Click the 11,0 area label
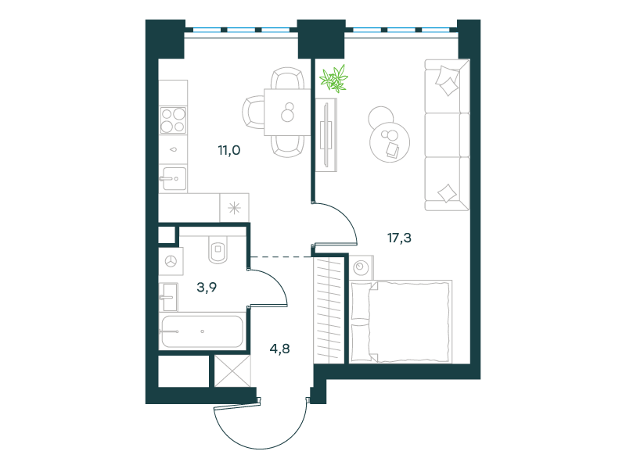pyautogui.click(x=228, y=150)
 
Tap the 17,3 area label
pyautogui.click(x=399, y=238)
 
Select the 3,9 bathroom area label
pyautogui.click(x=207, y=287)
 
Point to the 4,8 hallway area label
pyautogui.click(x=280, y=349)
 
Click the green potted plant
pyautogui.click(x=334, y=79)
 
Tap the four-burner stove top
pyautogui.click(x=173, y=120)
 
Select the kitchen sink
pyautogui.click(x=173, y=179)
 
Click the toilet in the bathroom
pyautogui.click(x=218, y=249)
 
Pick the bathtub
pyautogui.click(x=202, y=331)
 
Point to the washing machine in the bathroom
pyautogui.click(x=171, y=261)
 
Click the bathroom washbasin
pyautogui.click(x=168, y=297)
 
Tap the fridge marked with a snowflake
pyautogui.click(x=234, y=208)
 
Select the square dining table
pyautogui.click(x=287, y=113)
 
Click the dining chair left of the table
pyautogui.click(x=253, y=113)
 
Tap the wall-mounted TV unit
pyautogui.click(x=326, y=135)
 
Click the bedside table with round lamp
pyautogui.click(x=362, y=267)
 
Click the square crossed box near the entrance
pyautogui.click(x=232, y=371)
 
